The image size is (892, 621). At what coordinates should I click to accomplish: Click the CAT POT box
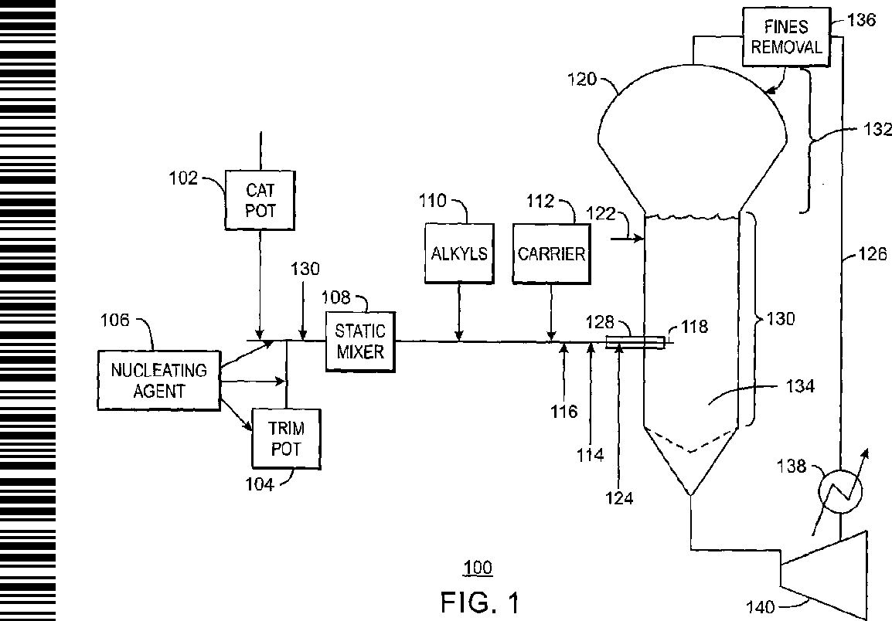tap(260, 199)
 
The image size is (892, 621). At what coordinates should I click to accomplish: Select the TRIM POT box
tap(285, 438)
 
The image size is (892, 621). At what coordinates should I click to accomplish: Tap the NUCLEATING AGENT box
tap(158, 380)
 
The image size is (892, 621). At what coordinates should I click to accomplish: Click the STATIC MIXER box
tap(360, 341)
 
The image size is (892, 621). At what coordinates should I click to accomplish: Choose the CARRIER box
tap(550, 253)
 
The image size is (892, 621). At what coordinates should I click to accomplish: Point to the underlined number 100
tap(477, 569)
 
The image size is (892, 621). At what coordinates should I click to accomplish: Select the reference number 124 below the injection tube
tap(618, 497)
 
